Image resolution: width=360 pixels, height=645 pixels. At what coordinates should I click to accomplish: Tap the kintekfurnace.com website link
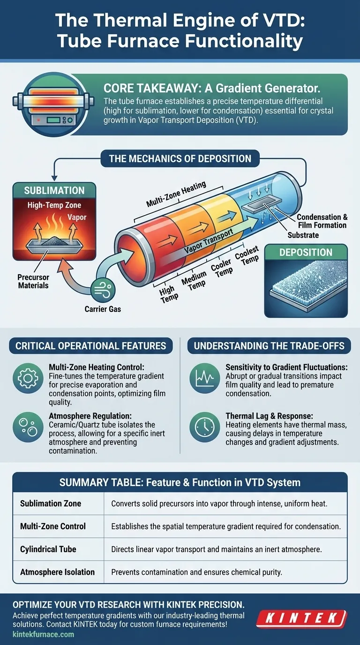43,634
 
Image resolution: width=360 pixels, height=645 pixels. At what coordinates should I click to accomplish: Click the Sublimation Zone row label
51,504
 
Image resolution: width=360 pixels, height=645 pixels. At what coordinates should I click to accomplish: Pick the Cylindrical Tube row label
48,549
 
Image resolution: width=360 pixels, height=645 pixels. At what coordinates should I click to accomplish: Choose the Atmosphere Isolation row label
58,572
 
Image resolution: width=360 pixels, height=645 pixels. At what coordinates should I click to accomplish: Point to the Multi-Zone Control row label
53,526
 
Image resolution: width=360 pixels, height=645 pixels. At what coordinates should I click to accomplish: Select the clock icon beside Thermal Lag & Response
205,426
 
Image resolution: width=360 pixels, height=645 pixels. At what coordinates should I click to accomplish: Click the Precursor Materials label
33,281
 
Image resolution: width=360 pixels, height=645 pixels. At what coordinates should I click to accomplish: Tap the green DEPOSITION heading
306,252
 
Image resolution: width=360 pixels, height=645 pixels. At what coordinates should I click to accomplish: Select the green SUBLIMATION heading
54,190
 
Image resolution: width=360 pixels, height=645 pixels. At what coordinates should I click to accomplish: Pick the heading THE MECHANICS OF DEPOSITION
180,158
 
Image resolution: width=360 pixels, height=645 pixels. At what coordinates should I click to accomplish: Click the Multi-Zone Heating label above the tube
176,194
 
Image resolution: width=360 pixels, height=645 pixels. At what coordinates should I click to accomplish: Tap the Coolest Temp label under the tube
247,256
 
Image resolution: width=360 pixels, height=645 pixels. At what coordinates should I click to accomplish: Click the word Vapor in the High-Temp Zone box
77,217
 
